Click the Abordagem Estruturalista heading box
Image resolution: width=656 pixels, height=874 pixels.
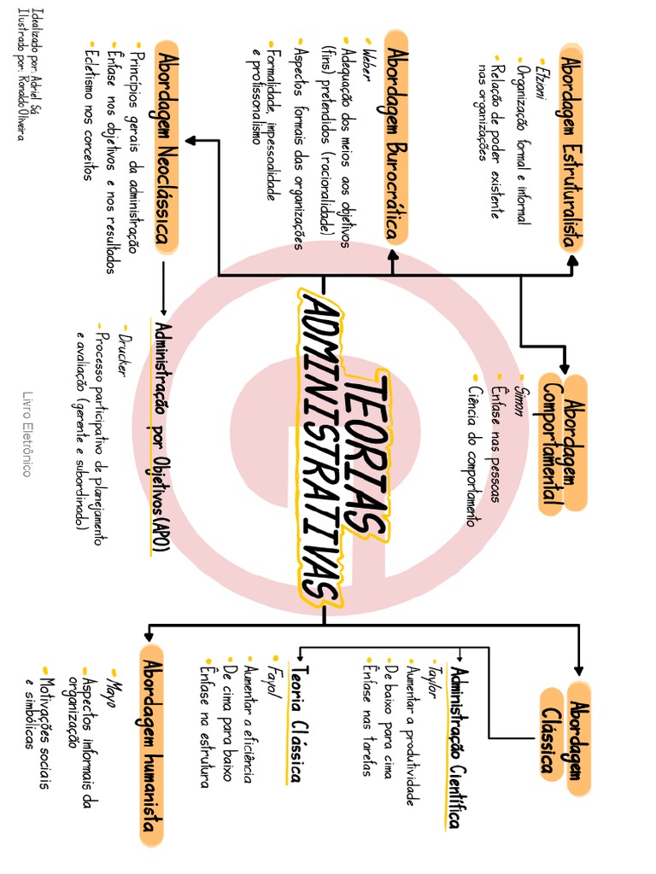point(571,149)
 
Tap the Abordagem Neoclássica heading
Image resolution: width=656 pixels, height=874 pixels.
point(167,147)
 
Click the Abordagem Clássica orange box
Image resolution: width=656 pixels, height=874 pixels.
point(565,737)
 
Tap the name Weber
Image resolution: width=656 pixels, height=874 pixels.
point(369,66)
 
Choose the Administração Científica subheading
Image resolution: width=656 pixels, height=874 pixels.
point(458,748)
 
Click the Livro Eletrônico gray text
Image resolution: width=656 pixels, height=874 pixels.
point(26,434)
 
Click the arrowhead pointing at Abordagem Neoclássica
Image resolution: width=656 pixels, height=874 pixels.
point(190,141)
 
